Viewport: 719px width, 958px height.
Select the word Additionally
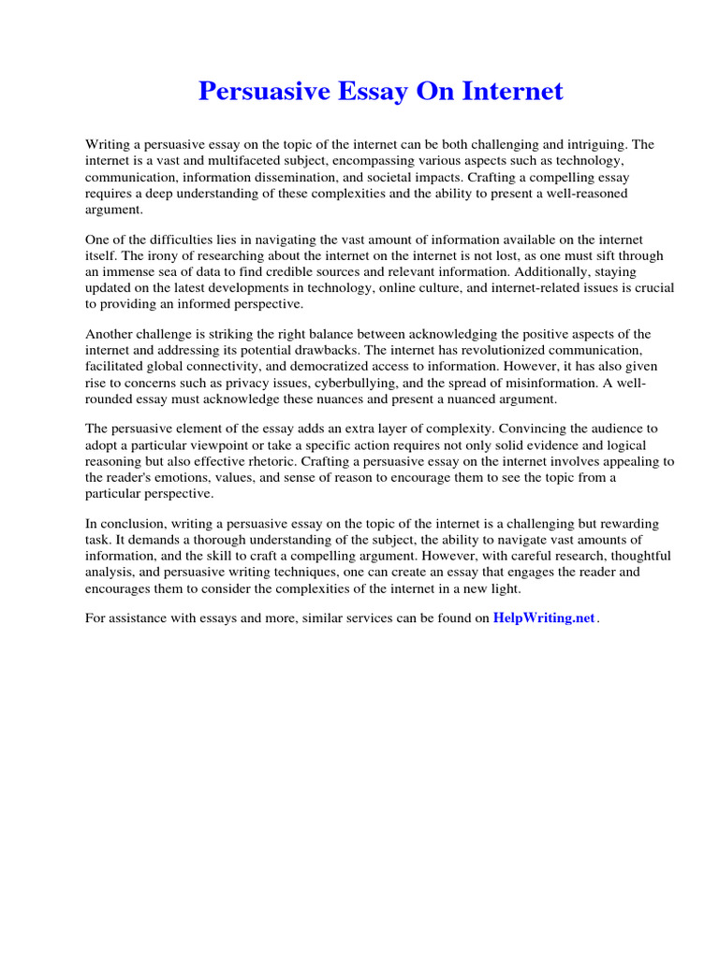[530, 271]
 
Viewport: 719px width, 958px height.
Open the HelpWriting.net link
[543, 618]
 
